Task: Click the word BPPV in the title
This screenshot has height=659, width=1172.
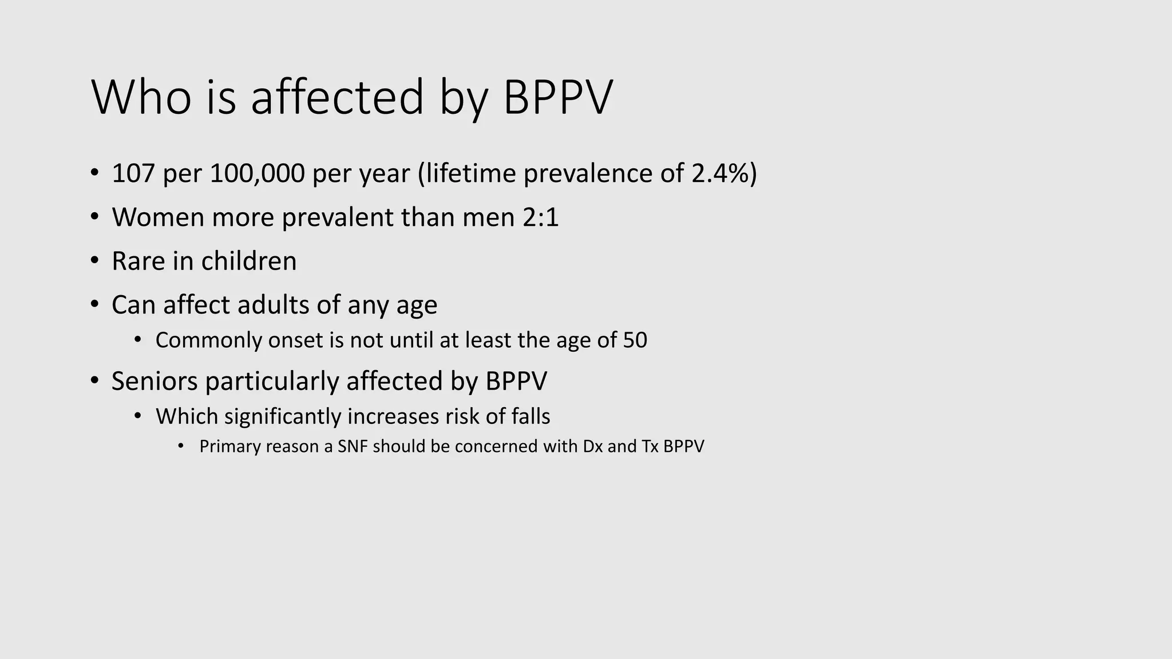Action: tap(557, 97)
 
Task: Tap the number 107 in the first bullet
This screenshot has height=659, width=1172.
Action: tap(133, 173)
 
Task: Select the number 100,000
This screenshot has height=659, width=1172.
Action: tap(257, 173)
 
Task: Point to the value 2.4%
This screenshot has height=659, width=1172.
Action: tap(720, 173)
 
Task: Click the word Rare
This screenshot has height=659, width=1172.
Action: tap(138, 261)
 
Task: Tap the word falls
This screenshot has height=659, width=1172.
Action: tap(531, 416)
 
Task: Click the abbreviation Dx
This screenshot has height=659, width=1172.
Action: tap(593, 446)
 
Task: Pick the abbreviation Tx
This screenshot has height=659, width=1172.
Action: tap(650, 446)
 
